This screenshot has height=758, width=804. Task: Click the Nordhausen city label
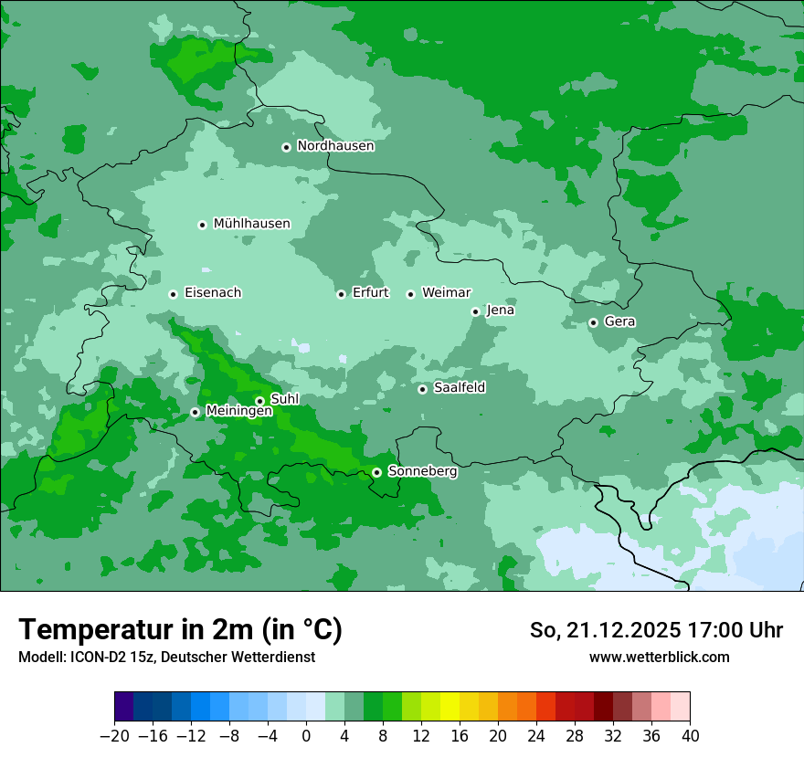(x=335, y=146)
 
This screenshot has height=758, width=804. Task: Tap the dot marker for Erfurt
(x=341, y=294)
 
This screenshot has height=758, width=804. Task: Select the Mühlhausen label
(x=251, y=224)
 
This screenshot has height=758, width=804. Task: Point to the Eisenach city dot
(x=173, y=294)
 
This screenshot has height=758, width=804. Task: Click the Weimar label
(x=446, y=293)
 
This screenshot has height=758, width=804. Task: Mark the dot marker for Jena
(x=475, y=311)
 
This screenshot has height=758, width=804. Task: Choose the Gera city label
(x=619, y=321)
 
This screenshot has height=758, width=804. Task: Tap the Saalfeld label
(x=459, y=388)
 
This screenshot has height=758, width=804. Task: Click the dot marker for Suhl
(x=259, y=401)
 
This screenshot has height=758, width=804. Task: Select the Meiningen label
(x=238, y=412)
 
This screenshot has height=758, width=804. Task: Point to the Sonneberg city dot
(x=376, y=472)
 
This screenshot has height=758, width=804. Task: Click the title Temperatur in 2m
(x=180, y=629)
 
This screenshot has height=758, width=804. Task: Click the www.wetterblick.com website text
(x=659, y=657)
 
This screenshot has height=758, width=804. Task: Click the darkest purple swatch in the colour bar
(x=123, y=707)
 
